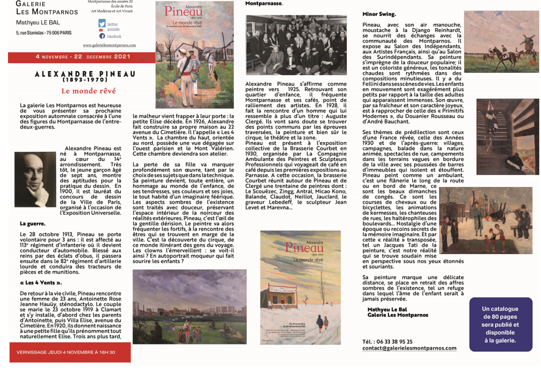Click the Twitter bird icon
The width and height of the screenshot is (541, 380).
coord(103,24)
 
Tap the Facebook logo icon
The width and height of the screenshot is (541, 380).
coord(103,36)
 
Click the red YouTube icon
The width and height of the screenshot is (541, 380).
coord(101,30)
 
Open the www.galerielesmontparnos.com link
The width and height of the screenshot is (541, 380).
coord(110,45)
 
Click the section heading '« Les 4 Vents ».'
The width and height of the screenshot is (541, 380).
coord(41,283)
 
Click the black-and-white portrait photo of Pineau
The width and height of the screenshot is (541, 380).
coord(35,182)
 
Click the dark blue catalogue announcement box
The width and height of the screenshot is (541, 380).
coord(499,324)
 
